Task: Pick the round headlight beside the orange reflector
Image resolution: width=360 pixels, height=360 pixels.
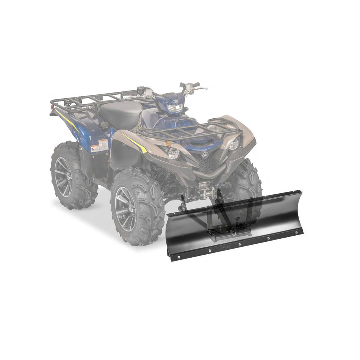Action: pyautogui.click(x=174, y=153)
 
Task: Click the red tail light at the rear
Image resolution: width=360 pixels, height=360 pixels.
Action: pyautogui.click(x=52, y=108)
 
